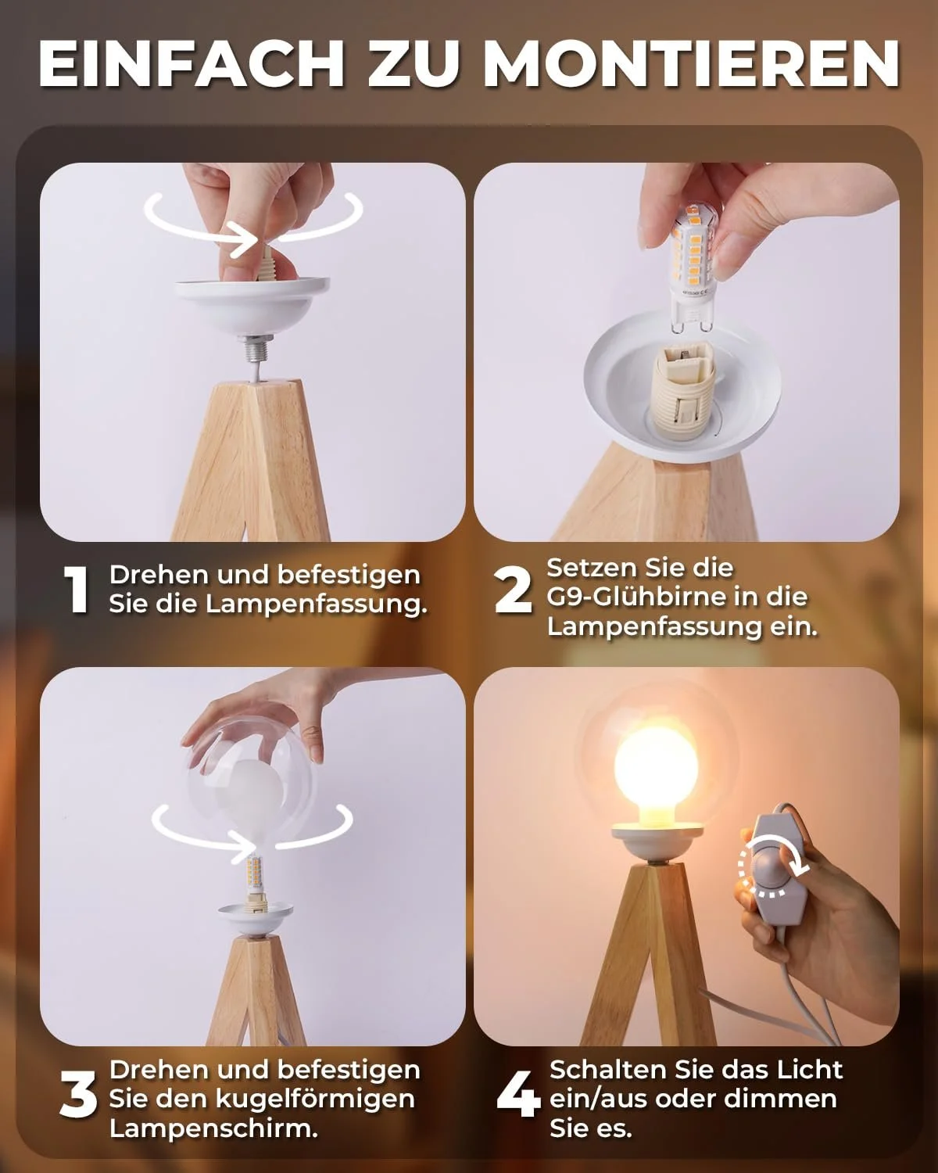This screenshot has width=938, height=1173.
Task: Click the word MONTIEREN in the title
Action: (x=691, y=64)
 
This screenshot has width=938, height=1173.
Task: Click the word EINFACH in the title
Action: (x=192, y=64)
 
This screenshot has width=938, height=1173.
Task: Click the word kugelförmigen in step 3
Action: (x=316, y=1099)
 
